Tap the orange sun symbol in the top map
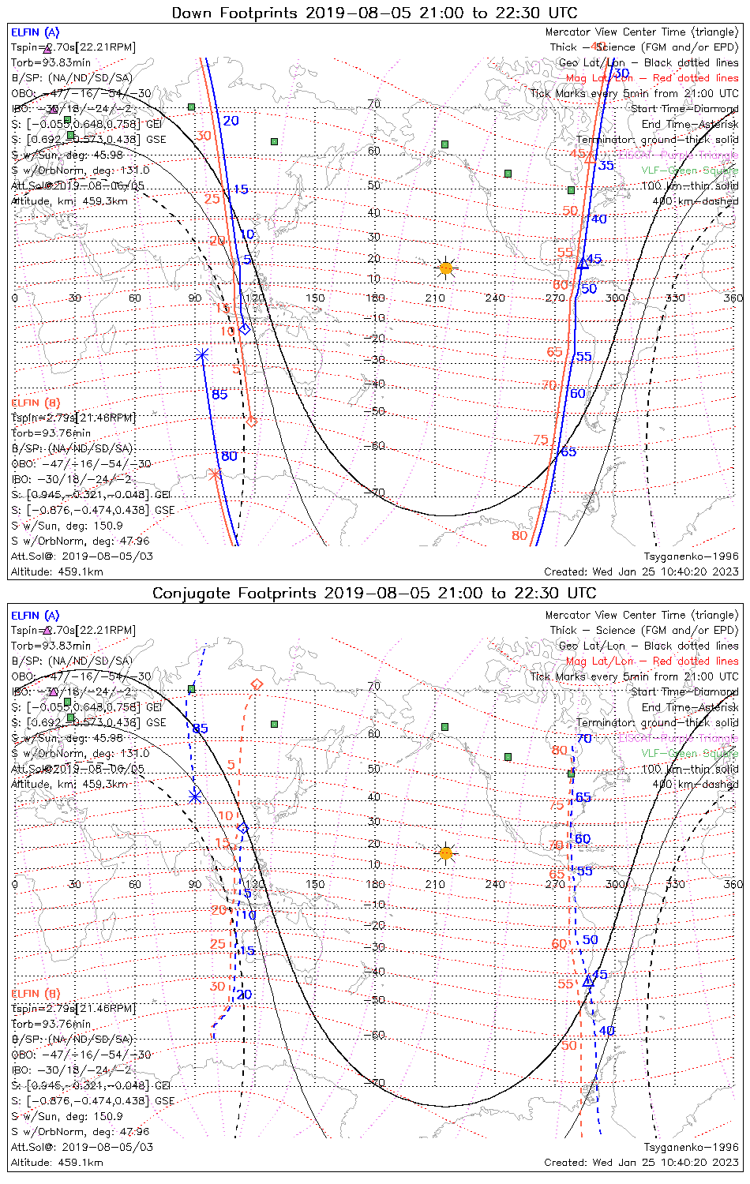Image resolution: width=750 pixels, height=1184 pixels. pos(446,268)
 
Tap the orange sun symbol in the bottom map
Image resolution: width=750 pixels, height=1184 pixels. pos(446,853)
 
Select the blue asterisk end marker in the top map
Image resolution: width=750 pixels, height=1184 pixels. pos(201,355)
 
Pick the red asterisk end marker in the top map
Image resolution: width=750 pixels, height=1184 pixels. pos(214,474)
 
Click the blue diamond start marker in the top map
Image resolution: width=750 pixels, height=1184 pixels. pos(245,328)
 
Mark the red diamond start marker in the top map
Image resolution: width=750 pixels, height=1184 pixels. pos(252,422)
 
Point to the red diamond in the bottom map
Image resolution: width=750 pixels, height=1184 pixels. pos(256,684)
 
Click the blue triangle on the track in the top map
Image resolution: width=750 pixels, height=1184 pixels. pos(583,263)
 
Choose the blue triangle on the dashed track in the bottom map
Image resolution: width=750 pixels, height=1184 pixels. pos(587,981)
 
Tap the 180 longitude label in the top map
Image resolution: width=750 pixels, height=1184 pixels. pos(375,298)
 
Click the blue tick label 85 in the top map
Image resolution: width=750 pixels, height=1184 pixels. pos(219,394)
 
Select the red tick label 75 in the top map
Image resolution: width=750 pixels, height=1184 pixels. pos(541,440)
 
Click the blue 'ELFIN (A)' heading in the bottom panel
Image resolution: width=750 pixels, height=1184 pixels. pos(36,616)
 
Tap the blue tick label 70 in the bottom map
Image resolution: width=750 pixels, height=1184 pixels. pos(584,739)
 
